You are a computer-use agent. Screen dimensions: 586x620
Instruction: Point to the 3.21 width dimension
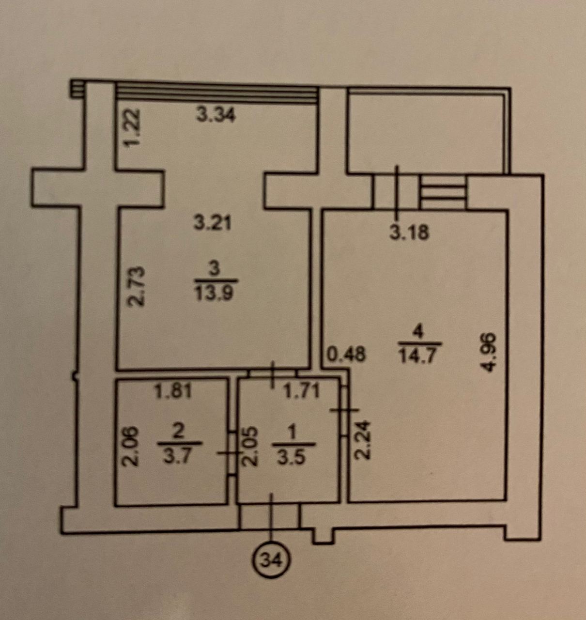213,223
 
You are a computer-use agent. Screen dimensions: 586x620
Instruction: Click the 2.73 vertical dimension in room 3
136,287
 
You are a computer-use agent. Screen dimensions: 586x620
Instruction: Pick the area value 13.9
214,294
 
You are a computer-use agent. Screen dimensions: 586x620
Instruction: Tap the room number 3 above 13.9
215,270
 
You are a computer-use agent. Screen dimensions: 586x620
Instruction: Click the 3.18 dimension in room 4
409,232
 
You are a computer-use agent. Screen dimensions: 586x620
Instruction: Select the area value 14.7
418,356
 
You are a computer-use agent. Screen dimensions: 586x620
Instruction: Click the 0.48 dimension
346,354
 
